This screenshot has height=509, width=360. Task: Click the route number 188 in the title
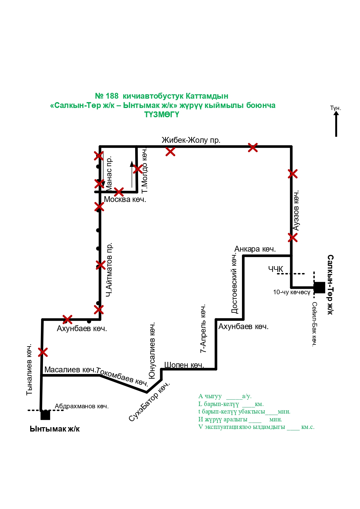(112, 96)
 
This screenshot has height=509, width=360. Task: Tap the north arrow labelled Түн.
(336, 123)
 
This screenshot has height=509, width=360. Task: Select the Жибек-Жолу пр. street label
(191, 140)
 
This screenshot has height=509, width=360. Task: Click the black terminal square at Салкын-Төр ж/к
(319, 287)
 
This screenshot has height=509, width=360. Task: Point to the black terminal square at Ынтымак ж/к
(45, 415)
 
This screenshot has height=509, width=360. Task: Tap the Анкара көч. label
(255, 249)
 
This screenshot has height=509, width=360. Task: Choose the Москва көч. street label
(125, 200)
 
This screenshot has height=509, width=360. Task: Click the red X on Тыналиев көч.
(43, 353)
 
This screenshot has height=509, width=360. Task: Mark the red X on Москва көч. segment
(119, 192)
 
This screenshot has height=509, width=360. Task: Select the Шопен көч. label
(184, 365)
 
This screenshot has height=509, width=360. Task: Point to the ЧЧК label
(276, 269)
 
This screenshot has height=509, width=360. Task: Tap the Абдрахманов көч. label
(82, 406)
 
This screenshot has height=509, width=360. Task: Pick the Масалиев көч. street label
(70, 370)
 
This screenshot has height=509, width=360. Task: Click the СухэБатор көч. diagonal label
(149, 402)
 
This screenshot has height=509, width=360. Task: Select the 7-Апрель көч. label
(203, 328)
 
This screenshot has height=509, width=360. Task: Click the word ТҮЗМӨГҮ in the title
(162, 115)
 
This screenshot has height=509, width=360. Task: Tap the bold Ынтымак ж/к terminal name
(55, 429)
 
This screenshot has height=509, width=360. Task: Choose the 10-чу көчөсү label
(292, 292)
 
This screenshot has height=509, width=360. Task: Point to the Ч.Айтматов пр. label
(109, 270)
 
